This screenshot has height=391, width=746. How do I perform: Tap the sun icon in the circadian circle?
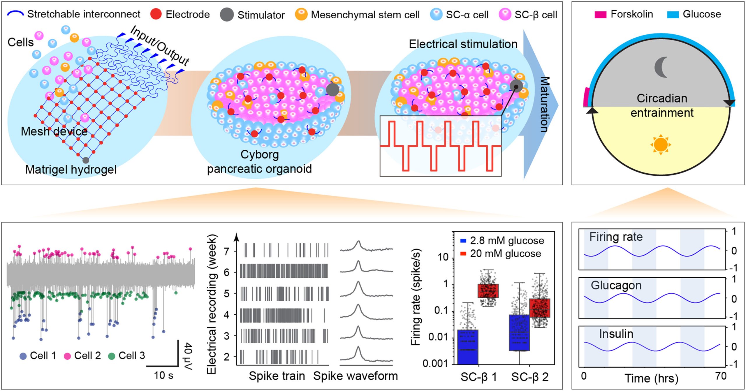661,145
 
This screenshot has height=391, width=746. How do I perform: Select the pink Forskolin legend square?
600,15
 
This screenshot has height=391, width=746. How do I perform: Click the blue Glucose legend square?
673,15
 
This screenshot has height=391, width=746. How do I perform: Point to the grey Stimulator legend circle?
227,15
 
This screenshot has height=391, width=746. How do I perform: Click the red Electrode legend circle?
156,14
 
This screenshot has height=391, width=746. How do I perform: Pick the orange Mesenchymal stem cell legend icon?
301,14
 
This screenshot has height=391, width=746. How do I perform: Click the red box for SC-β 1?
488,291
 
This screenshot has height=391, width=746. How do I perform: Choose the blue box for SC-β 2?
519,333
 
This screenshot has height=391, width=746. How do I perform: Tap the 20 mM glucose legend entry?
500,253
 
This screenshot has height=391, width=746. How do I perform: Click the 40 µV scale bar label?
189,357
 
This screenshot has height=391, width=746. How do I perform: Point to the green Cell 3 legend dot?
112,356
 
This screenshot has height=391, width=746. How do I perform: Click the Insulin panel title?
616,334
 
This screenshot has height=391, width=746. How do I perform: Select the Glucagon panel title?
616,286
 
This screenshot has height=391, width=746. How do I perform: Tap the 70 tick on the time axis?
721,376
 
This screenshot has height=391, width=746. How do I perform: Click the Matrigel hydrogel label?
71,170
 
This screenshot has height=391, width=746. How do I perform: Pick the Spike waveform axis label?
356,376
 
